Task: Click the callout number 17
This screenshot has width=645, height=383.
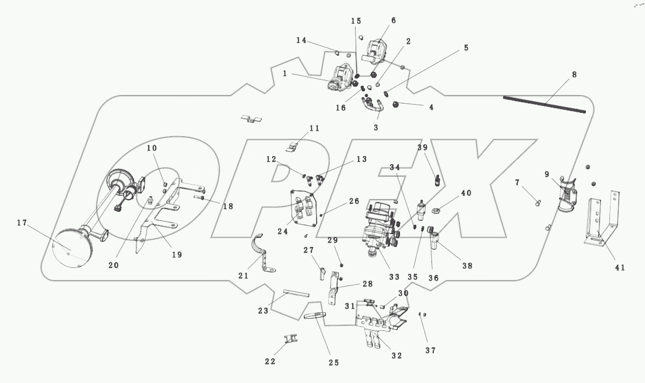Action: tap(22, 223)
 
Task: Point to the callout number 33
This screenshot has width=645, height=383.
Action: tap(394, 277)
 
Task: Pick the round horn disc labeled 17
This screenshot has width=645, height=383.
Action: tap(71, 248)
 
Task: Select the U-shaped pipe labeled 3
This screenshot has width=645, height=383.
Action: tap(372, 106)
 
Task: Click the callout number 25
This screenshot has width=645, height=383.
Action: tap(334, 363)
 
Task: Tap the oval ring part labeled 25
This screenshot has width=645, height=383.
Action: tap(315, 315)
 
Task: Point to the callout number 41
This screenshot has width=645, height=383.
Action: tap(620, 268)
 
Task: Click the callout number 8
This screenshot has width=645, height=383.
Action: tap(574, 74)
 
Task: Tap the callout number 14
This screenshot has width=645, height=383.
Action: tap(301, 40)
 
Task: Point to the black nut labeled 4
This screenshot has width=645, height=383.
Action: tap(395, 104)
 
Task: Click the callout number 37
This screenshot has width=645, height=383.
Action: tap(430, 350)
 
